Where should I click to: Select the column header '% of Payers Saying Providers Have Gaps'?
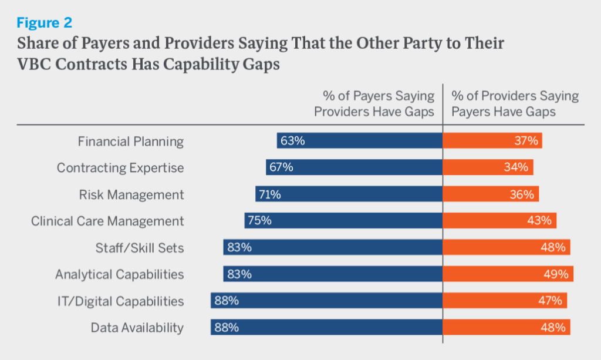click(374, 104)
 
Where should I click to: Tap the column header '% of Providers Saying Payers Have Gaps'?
click(515, 104)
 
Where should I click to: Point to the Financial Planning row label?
click(131, 142)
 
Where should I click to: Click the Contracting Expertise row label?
click(120, 168)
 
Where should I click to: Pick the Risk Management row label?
click(131, 194)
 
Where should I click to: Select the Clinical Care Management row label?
click(107, 221)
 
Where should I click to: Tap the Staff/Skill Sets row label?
click(140, 248)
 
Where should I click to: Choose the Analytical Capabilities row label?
click(119, 274)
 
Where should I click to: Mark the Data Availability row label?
click(137, 328)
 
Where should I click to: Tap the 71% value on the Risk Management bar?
click(269, 194)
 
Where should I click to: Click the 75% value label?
click(259, 221)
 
